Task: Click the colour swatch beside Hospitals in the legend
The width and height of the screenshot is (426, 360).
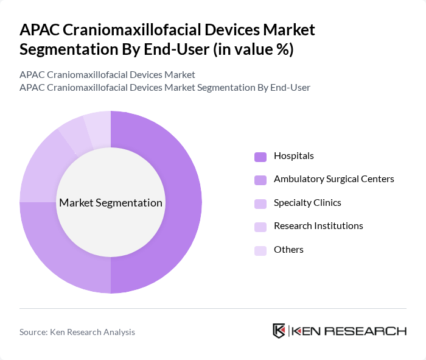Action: coord(260,156)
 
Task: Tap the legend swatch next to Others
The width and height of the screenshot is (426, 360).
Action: coord(260,250)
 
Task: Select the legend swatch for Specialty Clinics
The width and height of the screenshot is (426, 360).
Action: coord(260,203)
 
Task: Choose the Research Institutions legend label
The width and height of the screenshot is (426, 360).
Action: coord(318,226)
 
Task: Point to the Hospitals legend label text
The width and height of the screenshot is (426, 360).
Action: coord(293,156)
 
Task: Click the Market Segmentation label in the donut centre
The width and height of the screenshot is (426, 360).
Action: coord(111,203)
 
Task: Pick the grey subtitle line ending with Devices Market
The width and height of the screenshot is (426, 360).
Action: coord(107,74)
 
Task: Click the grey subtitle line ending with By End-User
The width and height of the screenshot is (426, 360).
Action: coord(165,88)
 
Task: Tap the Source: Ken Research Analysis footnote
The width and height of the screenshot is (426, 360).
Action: coord(77,332)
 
